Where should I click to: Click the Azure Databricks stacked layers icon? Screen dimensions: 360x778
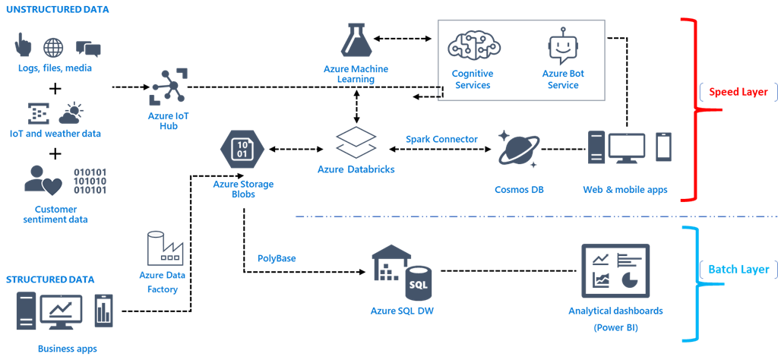point(356,143)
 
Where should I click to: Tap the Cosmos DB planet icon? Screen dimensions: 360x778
point(519,149)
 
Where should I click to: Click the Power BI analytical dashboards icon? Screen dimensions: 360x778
point(615,271)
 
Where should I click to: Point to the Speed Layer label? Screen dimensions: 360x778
point(738,92)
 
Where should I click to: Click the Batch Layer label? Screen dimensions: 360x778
point(738,269)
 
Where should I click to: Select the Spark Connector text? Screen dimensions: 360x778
point(441,139)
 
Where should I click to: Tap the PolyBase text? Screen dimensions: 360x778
point(277,258)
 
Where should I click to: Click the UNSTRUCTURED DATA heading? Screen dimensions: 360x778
point(57,10)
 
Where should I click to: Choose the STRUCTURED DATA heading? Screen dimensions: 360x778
point(50,279)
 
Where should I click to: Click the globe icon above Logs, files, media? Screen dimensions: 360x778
point(53,48)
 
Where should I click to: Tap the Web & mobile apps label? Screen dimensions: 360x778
point(625,190)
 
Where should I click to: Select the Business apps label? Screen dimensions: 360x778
point(67,349)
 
